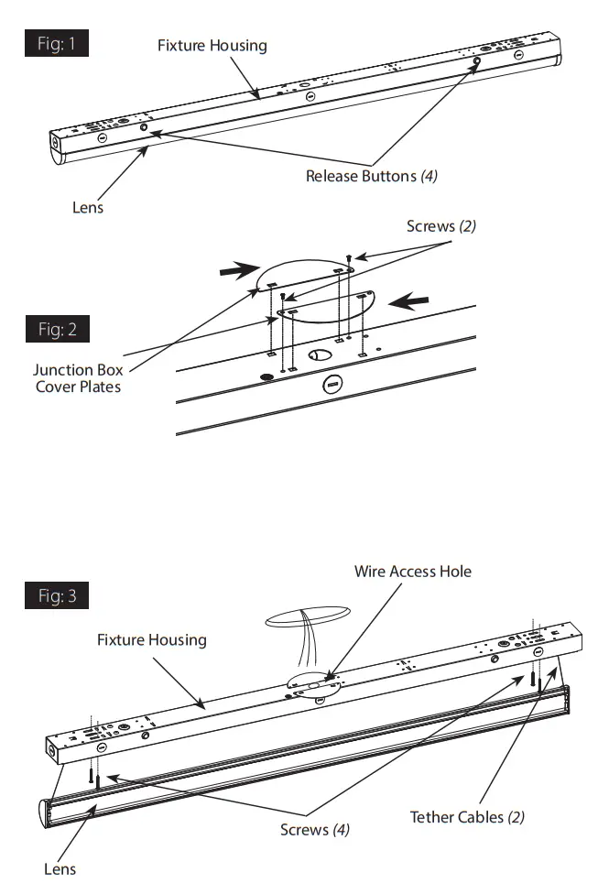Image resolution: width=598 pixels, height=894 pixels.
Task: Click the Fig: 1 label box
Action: (57, 44)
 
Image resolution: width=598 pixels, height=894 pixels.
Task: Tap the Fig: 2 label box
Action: (57, 330)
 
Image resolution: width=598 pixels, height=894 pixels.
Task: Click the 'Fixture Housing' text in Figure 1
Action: (212, 45)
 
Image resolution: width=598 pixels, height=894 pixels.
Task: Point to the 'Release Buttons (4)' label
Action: (371, 176)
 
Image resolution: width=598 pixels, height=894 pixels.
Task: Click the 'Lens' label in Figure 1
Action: (88, 207)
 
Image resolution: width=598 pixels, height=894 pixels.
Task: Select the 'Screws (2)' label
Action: (440, 225)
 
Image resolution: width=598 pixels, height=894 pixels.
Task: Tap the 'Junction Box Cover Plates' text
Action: (78, 378)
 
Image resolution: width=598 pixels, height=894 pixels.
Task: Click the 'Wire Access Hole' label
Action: (412, 571)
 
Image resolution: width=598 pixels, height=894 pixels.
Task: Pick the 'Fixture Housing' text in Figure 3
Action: (151, 639)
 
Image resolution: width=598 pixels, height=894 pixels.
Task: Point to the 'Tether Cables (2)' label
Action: (467, 816)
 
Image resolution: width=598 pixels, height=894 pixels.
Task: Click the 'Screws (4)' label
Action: (315, 830)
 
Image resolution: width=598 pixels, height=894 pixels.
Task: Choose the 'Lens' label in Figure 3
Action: (60, 868)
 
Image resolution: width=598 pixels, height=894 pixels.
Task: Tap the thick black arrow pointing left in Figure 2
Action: (408, 300)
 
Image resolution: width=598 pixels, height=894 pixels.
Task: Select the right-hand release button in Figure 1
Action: (477, 62)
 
